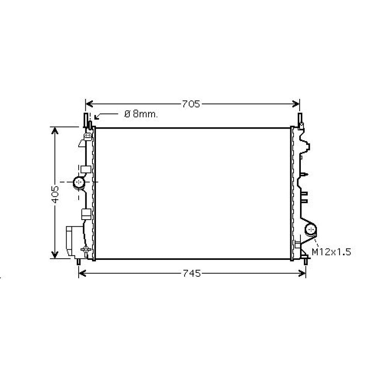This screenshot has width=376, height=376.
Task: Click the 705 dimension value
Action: coord(191,104)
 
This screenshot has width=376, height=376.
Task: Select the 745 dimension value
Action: coord(192,274)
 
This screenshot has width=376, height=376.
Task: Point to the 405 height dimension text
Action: coord(55,194)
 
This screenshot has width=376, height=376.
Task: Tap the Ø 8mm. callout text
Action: coord(141,114)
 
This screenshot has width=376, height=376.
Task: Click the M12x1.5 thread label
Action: coord(331,252)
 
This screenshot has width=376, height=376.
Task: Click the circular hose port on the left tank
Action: coord(79,182)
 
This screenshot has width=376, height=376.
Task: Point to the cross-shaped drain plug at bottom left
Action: coord(86,249)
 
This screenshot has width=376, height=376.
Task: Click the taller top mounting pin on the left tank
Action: coord(86,120)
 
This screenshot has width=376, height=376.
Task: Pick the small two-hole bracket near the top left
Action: coord(88,135)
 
